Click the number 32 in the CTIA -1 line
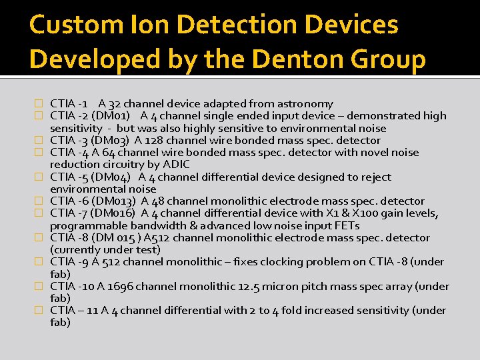coord(114,103)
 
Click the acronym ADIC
coord(176,164)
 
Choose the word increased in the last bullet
coord(333,310)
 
